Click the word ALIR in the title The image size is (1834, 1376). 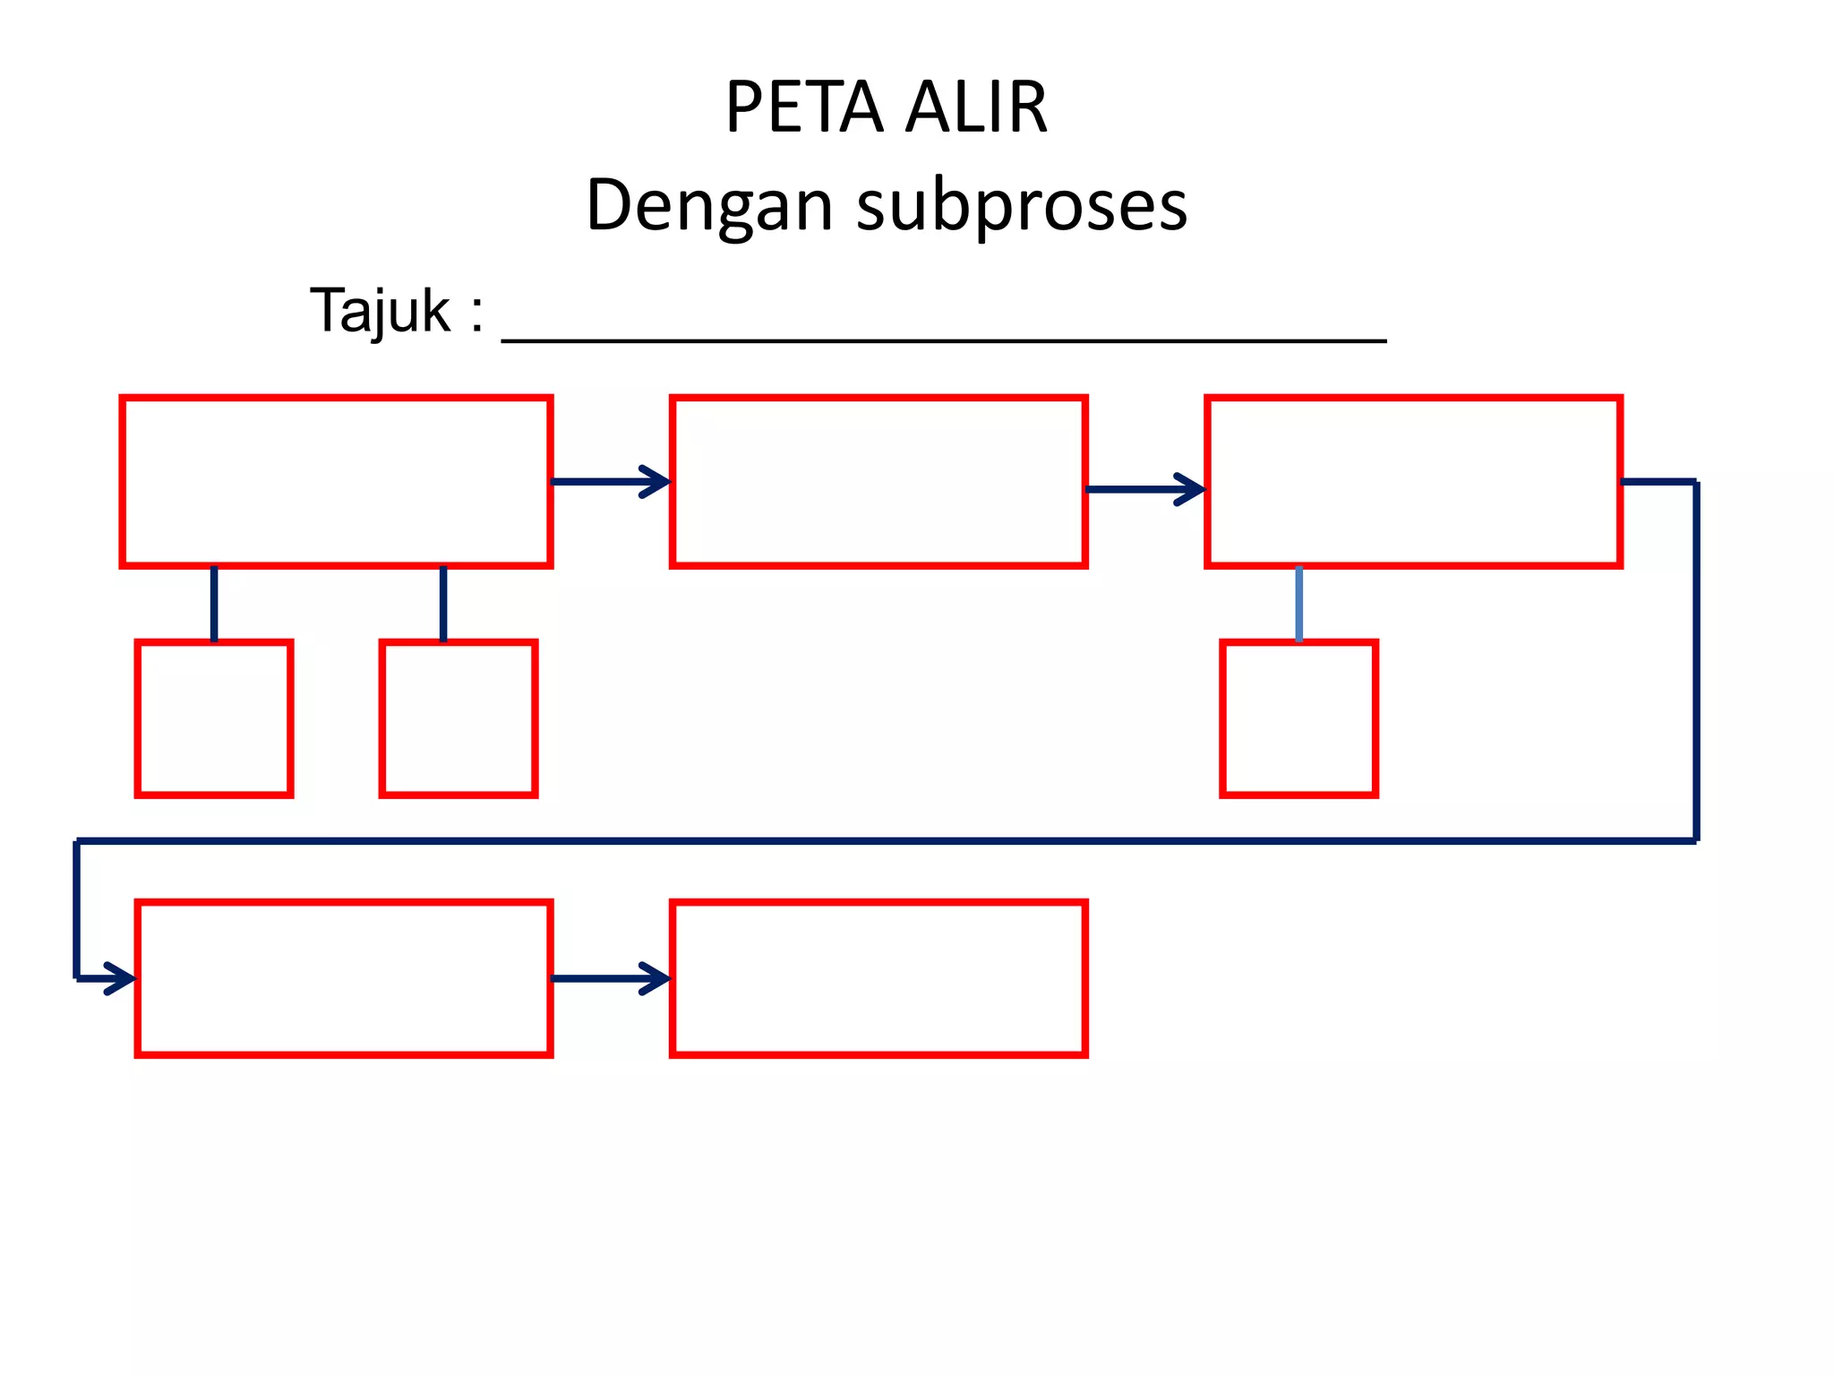tap(976, 107)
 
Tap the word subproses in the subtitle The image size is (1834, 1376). tap(1022, 205)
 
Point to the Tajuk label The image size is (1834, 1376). tap(381, 311)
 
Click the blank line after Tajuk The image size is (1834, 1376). tap(943, 339)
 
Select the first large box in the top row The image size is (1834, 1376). tap(336, 482)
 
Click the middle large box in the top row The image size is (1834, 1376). tap(878, 482)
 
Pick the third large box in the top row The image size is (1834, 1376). tap(1413, 482)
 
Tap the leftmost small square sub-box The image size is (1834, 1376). tap(214, 718)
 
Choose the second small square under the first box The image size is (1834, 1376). tap(458, 718)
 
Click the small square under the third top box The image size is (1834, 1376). tap(1298, 718)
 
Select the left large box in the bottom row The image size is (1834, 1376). tap(344, 978)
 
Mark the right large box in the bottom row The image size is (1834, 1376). tap(878, 978)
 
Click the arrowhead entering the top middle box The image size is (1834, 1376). tap(658, 482)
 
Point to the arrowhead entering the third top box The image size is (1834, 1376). tap(1193, 489)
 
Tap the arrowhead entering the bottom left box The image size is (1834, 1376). tap(123, 978)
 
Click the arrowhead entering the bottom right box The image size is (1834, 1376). tap(658, 978)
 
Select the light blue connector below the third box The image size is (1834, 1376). tap(1298, 604)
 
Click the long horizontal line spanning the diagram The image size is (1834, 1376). tap(887, 841)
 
